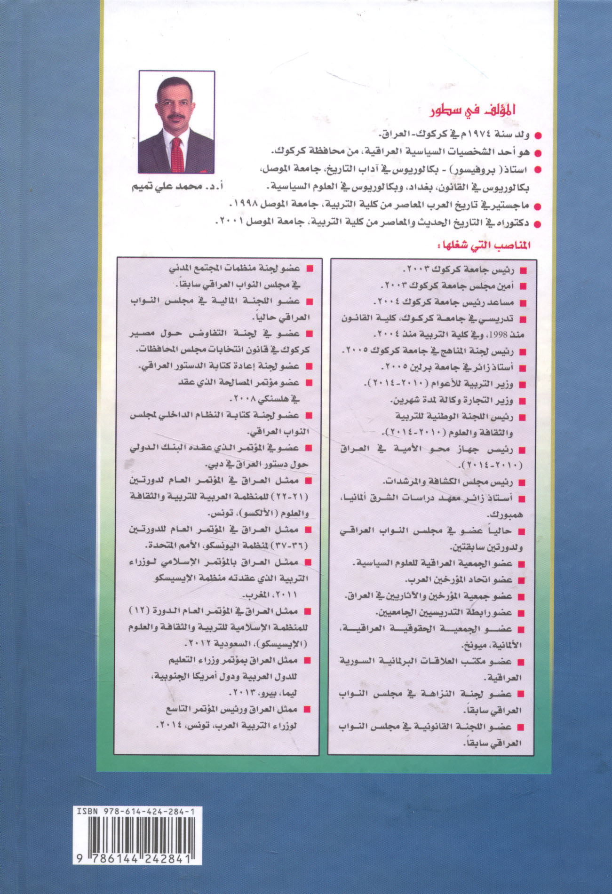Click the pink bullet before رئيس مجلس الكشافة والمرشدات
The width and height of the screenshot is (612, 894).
[x=521, y=482]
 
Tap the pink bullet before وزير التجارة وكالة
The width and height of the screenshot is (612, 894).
[x=521, y=401]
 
